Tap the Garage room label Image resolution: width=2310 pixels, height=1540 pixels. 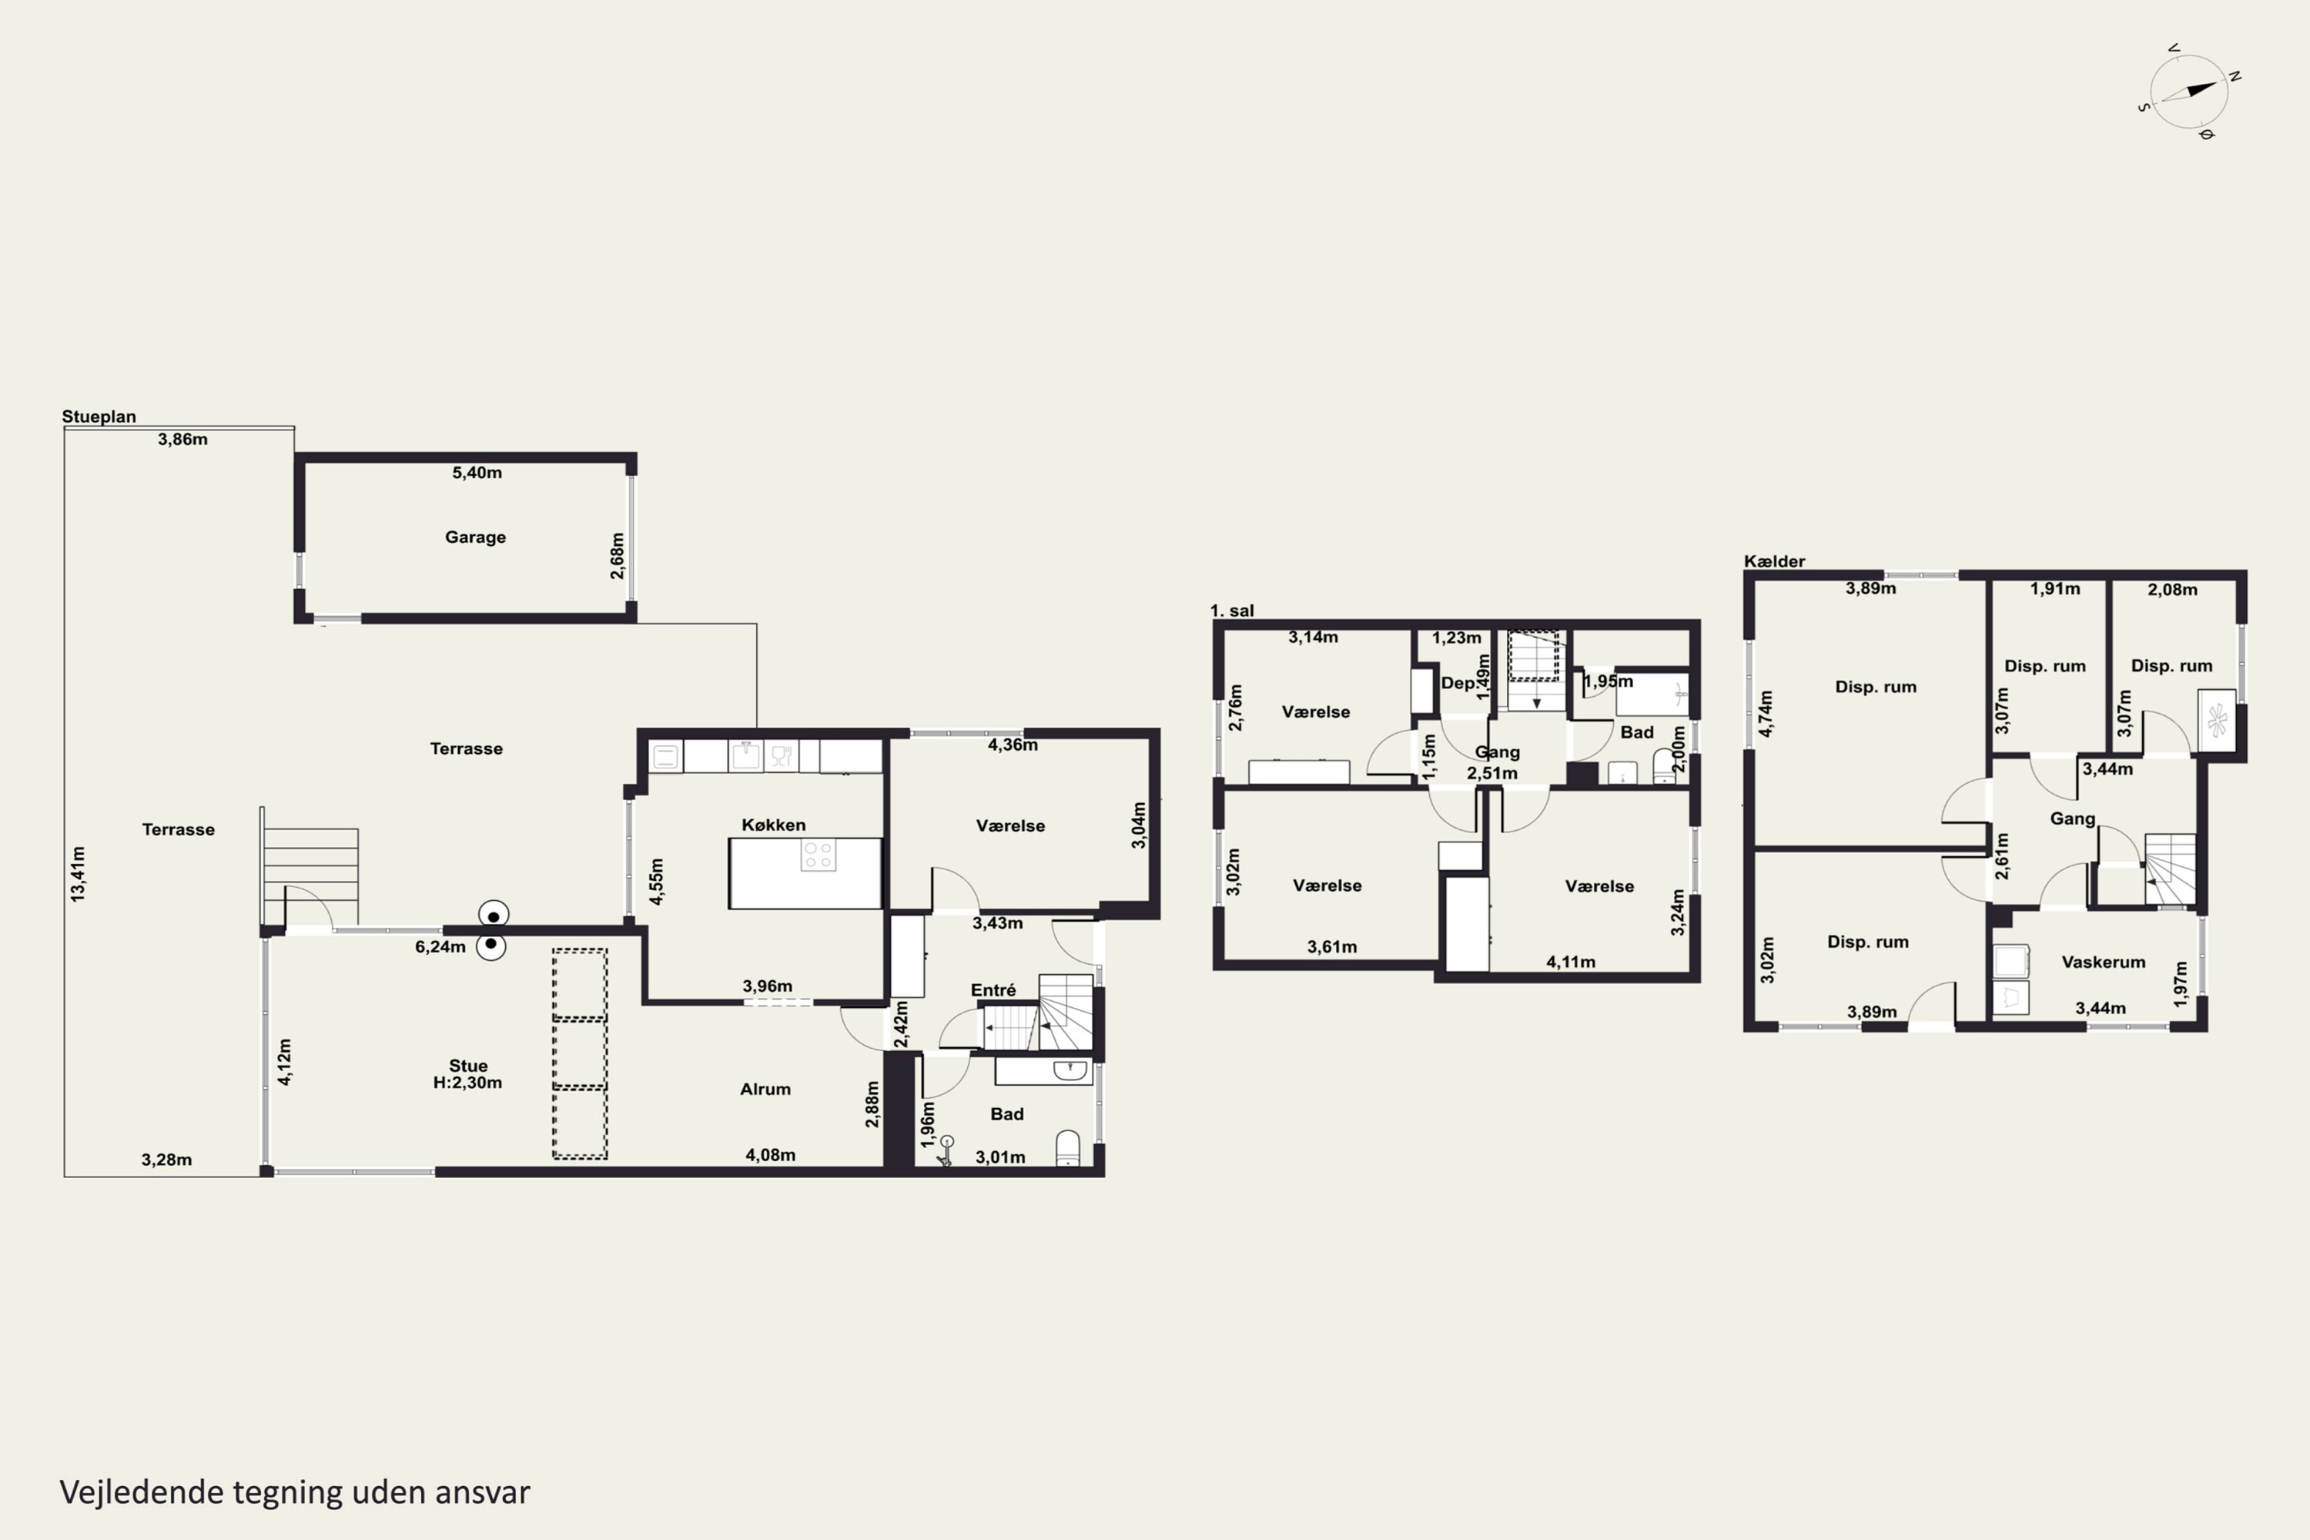click(x=475, y=537)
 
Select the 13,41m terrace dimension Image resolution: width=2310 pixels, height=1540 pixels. click(x=78, y=874)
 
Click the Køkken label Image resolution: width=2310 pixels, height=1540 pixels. click(x=773, y=825)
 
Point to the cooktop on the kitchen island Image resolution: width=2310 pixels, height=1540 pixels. click(x=818, y=855)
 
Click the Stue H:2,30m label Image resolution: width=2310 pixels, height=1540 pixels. click(x=467, y=1073)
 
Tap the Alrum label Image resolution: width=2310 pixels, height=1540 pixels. click(x=765, y=1090)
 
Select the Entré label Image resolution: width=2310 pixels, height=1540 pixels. click(x=993, y=990)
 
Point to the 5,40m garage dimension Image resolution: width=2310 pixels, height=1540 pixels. click(x=477, y=473)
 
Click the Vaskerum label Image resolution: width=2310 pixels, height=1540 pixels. click(x=2103, y=962)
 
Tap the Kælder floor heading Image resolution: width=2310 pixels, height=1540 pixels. click(x=1774, y=562)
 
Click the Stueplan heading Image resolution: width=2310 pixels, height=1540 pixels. click(x=99, y=417)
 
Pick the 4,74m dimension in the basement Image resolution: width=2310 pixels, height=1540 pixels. click(x=1766, y=714)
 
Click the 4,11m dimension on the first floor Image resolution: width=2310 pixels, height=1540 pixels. click(x=1571, y=962)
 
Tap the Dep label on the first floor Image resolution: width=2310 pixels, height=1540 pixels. click(x=1458, y=684)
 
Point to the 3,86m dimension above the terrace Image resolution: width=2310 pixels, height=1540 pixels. click(x=182, y=439)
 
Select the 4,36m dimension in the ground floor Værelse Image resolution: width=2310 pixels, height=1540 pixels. click(x=1013, y=745)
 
